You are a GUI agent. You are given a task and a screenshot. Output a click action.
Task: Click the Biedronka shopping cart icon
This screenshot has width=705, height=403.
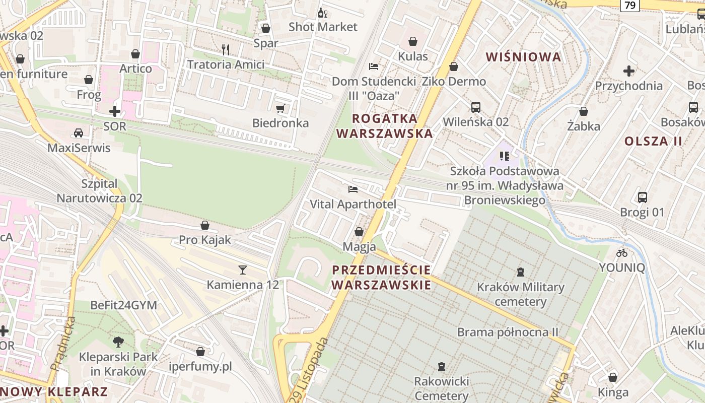coord(280,108)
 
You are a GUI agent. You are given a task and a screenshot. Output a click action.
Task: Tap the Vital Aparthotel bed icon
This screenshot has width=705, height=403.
coord(353,189)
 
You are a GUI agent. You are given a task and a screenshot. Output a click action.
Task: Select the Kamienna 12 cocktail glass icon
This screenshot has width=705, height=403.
coord(243,270)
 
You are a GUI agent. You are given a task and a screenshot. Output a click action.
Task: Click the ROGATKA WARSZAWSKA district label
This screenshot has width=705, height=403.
coord(385,126)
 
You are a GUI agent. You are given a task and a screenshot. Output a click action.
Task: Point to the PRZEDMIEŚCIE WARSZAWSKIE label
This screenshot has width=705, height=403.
coord(381,277)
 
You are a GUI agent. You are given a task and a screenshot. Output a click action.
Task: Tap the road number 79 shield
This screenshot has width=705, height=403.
coord(629,6)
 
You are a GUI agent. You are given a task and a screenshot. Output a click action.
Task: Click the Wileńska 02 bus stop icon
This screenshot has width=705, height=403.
coord(475,107)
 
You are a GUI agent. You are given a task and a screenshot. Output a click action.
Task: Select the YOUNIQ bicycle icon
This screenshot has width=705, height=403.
coord(622,253)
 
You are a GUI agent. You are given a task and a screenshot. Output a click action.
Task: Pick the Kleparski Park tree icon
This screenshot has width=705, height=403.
coord(118,342)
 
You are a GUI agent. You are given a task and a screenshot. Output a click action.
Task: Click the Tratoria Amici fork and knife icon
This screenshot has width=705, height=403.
coord(226,49)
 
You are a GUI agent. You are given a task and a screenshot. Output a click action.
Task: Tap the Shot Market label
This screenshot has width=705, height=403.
coord(323,27)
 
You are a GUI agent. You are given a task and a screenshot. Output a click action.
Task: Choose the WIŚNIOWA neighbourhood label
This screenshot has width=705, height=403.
coord(524,57)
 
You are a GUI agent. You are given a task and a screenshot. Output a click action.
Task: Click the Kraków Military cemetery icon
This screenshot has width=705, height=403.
coord(521,272)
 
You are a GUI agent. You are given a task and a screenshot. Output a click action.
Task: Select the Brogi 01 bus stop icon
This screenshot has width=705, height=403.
coord(642,197)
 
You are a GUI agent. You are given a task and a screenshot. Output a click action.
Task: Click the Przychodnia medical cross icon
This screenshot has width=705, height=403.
coord(628,71)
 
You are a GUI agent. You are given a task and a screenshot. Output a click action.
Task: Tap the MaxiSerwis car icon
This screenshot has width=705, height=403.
coord(79,133)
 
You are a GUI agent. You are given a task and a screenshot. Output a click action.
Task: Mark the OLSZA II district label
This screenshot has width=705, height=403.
coord(653,141)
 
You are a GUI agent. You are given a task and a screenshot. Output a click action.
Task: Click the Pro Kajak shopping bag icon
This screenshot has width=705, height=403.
coord(205,225)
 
